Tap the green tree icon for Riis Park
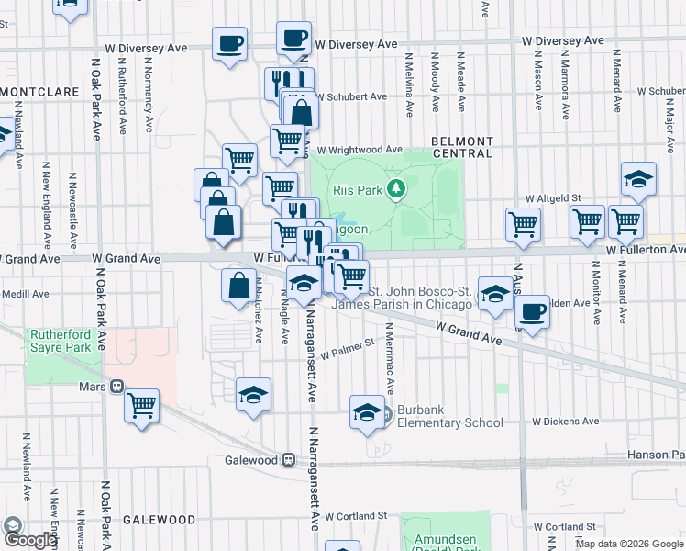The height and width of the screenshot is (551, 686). (x=396, y=188)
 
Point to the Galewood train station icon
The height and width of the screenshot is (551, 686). (x=288, y=459)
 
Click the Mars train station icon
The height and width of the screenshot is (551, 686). (x=116, y=387)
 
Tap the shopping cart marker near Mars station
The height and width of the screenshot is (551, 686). (x=141, y=405)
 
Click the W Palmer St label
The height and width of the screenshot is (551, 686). (x=349, y=350)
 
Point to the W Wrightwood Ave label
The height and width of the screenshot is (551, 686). (x=360, y=149)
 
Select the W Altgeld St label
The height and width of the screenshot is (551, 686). (x=554, y=197)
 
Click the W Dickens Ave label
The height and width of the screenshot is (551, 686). (x=565, y=422)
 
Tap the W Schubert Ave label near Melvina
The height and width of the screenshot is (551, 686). (x=353, y=96)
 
